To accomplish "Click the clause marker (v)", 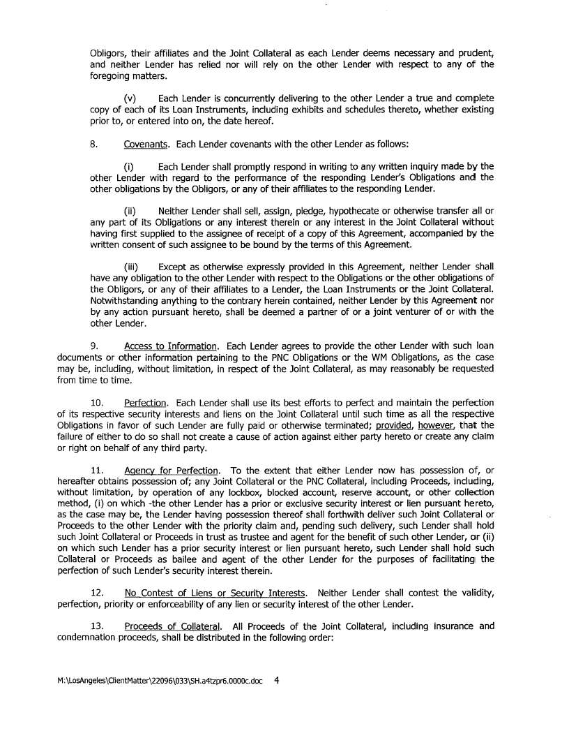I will [130, 99].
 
